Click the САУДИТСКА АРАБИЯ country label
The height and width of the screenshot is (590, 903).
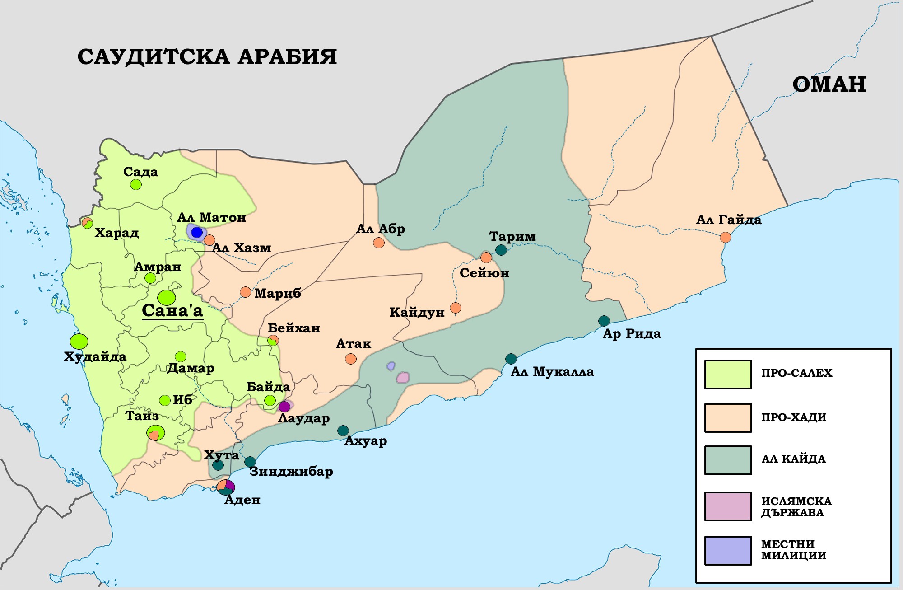[207, 57]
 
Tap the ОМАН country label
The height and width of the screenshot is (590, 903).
[829, 84]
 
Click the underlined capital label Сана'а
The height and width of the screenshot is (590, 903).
[172, 311]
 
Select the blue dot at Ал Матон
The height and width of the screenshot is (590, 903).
[197, 233]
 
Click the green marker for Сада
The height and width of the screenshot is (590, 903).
[135, 184]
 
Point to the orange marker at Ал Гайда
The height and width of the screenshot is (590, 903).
[725, 237]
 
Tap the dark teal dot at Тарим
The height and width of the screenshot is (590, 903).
[501, 250]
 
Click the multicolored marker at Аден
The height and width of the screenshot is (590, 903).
[226, 487]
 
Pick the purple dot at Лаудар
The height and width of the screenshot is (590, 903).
[284, 407]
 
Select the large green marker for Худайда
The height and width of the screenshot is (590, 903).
[79, 341]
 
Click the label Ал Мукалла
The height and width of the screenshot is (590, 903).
[552, 372]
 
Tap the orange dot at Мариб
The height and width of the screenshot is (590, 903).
[245, 292]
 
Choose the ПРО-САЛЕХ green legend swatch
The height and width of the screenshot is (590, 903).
[728, 375]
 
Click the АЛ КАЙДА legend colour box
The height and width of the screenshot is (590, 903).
[728, 460]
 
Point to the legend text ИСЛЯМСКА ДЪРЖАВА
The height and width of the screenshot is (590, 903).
[796, 507]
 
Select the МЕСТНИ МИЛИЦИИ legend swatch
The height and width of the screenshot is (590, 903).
[728, 550]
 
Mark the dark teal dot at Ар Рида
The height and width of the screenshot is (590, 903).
[604, 321]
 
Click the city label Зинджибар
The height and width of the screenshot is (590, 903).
[291, 472]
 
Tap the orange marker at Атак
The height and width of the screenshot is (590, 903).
[350, 359]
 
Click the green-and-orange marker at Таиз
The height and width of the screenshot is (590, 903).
[155, 433]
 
